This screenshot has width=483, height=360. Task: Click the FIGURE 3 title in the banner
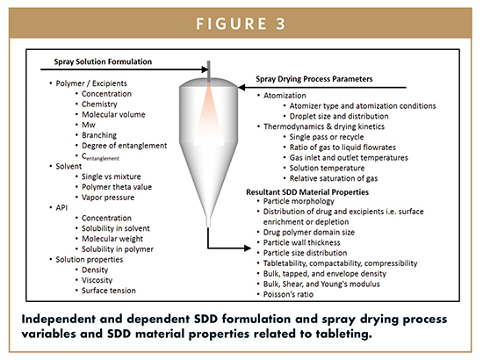241,24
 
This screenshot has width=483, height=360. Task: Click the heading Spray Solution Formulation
103,61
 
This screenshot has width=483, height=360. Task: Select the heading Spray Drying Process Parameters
314,79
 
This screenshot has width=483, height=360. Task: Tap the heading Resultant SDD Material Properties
307,192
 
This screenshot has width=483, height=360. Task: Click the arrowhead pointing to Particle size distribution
248,248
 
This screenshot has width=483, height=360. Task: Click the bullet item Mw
89,125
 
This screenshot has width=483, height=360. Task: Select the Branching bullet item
99,135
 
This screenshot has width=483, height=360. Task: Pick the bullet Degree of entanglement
124,146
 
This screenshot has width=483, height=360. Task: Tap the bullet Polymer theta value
117,187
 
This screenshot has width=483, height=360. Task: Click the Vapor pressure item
108,198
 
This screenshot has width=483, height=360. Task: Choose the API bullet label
61,207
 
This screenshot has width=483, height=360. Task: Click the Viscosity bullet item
97,280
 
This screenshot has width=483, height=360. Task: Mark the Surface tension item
108,291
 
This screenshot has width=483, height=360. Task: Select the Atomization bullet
285,96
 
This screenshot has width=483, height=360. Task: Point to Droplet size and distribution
339,117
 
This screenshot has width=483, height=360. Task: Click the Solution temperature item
327,168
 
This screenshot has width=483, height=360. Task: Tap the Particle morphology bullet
299,201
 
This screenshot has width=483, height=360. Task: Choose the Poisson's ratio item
288,294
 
